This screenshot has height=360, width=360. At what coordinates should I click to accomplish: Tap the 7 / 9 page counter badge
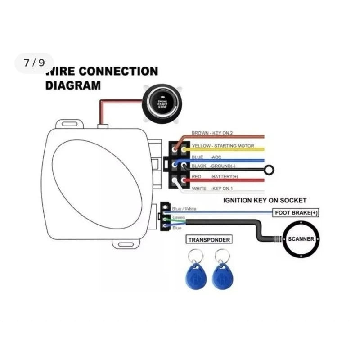[x=34, y=63]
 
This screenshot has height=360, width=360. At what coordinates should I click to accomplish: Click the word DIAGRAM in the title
[x=73, y=85]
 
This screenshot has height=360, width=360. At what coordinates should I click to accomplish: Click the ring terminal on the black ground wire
[x=269, y=171]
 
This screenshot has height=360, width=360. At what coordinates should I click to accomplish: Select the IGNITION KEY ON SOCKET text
[x=265, y=200]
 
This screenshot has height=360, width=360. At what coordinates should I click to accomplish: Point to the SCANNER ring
[x=301, y=239]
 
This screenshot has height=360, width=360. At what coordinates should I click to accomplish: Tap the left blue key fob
[x=195, y=275]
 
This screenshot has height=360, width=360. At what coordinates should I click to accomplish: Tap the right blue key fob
[x=222, y=275]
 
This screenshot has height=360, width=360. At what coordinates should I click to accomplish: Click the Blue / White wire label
[x=184, y=209]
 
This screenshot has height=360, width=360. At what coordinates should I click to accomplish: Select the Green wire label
[x=179, y=217]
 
